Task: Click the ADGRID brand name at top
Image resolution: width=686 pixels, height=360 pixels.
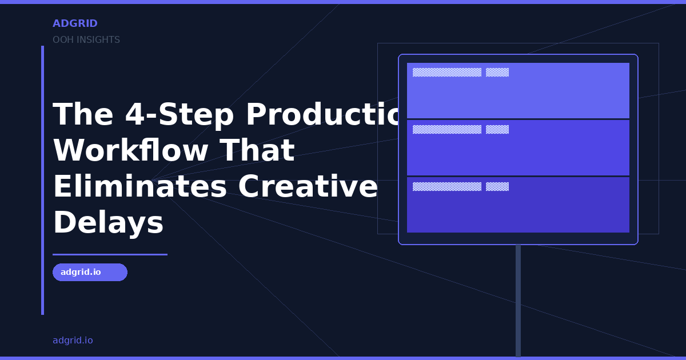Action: [x=75, y=23]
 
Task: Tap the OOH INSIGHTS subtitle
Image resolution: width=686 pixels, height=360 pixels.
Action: [x=86, y=40]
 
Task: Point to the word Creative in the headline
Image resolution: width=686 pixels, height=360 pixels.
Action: [x=308, y=186]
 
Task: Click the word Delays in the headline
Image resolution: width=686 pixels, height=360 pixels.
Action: [x=108, y=222]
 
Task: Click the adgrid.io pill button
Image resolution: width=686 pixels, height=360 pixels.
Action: [x=90, y=272]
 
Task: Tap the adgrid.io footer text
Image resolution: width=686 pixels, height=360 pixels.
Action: [x=73, y=341]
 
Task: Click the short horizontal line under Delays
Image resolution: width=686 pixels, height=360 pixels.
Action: [x=110, y=254]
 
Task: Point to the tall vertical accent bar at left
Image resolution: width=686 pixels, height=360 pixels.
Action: [x=42, y=180]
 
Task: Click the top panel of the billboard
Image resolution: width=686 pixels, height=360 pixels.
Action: [x=518, y=94]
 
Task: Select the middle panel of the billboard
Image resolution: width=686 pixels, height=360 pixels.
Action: [x=518, y=151]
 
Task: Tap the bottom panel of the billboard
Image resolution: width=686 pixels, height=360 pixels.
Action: [x=518, y=209]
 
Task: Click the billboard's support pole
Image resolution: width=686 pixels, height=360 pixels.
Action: [x=518, y=300]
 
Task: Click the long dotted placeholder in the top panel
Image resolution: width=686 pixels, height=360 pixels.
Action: [x=447, y=72]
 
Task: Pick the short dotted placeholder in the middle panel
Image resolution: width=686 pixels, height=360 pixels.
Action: [x=497, y=129]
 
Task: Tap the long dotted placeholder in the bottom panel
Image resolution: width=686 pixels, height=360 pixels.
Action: [x=447, y=186]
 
